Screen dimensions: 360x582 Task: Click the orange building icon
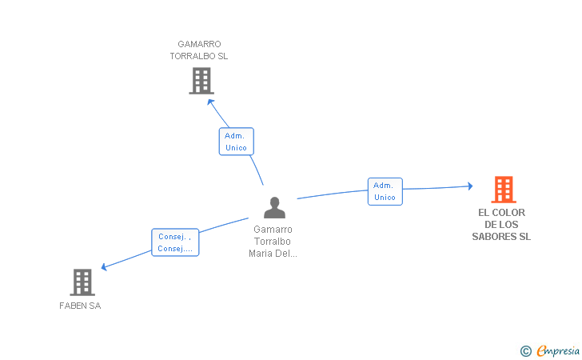503,190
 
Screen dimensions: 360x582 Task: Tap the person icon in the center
274,207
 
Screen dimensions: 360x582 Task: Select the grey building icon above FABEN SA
82,282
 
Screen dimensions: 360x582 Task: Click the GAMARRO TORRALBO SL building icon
201,80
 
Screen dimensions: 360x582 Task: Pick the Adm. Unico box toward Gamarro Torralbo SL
236,142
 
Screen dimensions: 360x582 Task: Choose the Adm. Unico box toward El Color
385,191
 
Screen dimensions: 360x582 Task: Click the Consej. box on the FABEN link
175,242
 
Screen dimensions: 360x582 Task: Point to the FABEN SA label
80,306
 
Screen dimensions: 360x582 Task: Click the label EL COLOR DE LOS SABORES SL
501,225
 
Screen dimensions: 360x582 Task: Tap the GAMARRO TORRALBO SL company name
199,50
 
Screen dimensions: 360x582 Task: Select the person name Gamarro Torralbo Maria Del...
273,241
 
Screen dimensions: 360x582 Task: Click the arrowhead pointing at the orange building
470,186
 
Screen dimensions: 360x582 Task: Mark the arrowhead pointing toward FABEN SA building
104,267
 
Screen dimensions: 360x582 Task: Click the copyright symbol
525,350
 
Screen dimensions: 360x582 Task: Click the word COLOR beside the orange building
508,213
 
